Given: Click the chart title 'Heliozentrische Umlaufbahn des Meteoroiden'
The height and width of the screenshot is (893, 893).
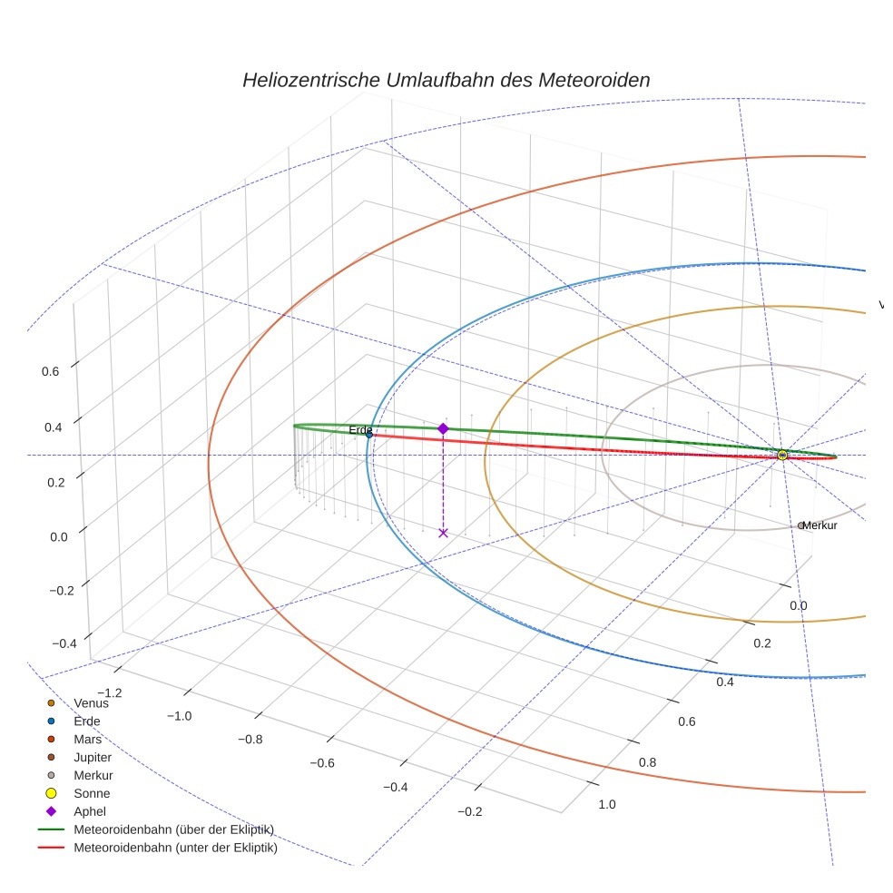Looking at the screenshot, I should [446, 80].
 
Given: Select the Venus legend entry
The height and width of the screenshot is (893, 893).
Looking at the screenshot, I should [91, 702].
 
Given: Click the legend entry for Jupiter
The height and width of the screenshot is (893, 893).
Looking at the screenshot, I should [93, 757].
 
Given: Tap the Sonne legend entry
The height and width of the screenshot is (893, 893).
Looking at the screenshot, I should [92, 793].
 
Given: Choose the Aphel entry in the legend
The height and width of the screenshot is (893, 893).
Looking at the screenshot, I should [90, 811].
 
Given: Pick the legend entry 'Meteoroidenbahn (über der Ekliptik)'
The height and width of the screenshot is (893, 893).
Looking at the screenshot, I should [173, 829].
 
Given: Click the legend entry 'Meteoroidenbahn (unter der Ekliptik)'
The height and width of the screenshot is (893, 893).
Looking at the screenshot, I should [175, 849].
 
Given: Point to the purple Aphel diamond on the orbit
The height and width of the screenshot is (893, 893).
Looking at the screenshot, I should [443, 428].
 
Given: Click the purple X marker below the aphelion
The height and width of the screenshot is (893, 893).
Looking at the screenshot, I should [443, 533].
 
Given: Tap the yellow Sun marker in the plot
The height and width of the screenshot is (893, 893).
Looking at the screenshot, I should [782, 455].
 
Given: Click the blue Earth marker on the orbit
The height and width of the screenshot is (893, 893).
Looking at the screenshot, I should [369, 435].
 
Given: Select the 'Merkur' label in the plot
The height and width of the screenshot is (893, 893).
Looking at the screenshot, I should [819, 525].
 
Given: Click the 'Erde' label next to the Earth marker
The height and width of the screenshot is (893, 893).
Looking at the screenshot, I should [360, 429].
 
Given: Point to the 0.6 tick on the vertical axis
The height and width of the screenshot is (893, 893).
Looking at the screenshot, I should [50, 370].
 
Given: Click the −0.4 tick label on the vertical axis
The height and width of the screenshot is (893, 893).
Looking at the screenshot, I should [64, 643].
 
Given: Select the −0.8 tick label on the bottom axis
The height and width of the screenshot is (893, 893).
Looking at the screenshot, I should [250, 739].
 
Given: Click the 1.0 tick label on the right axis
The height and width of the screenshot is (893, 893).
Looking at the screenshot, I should [607, 804].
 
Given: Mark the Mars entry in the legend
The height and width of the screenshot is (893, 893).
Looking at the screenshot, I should [87, 739].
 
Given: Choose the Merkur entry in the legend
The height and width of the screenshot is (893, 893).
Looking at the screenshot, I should [93, 775].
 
